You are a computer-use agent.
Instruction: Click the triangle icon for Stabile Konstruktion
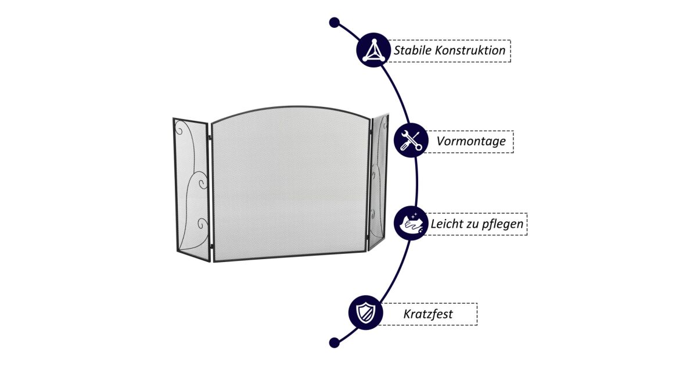tap(372, 50)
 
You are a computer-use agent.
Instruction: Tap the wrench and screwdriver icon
tap(411, 141)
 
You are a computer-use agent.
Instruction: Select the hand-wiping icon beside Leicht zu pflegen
tap(411, 223)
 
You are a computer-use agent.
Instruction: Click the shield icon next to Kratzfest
tap(365, 313)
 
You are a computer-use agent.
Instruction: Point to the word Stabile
tap(413, 51)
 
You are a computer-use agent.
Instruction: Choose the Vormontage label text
tap(471, 141)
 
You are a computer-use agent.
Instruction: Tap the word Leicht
tap(446, 224)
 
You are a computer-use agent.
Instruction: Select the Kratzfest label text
tap(428, 314)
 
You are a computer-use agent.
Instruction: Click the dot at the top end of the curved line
tap(334, 23)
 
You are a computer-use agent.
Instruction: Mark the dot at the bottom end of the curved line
tap(334, 342)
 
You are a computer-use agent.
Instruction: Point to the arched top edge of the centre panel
tap(290, 107)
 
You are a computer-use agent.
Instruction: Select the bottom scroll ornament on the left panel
tap(202, 223)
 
